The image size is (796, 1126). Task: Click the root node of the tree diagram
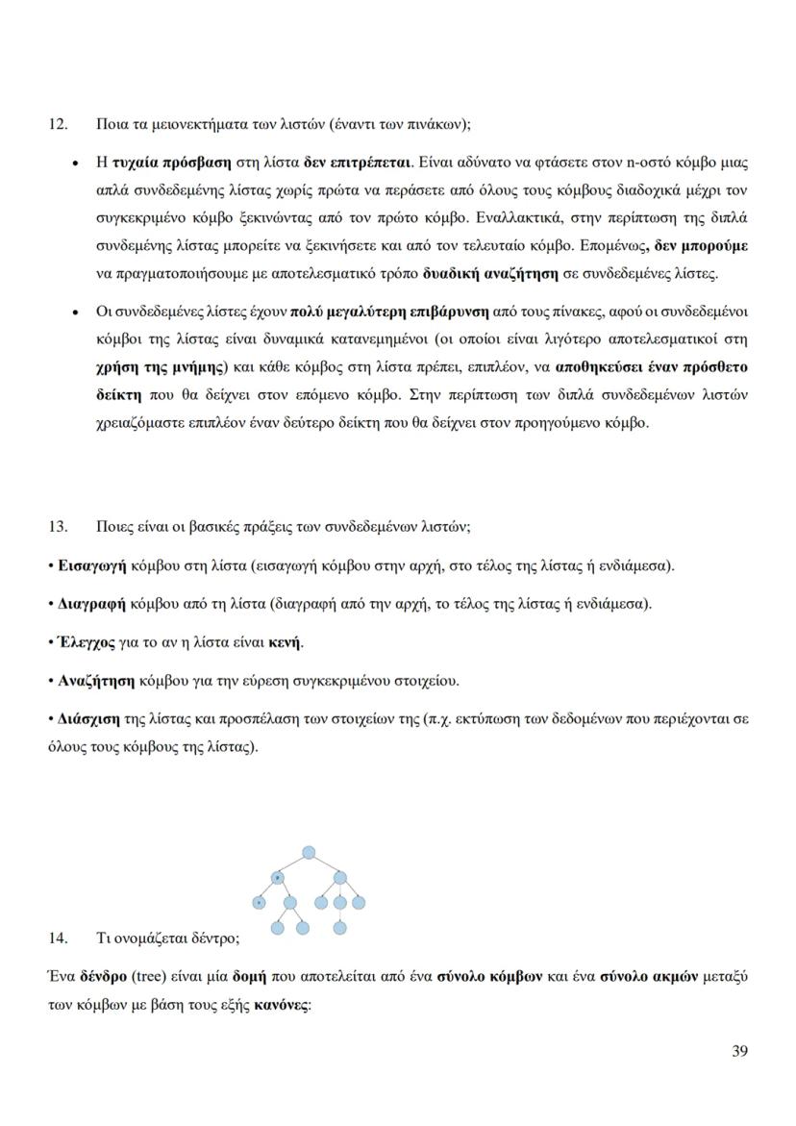(309, 852)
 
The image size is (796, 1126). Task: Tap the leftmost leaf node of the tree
(259, 903)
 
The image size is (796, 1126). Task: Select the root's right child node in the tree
(339, 877)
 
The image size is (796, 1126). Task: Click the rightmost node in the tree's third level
(360, 903)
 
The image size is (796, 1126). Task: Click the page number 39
(739, 1050)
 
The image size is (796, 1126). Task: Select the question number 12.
(57, 123)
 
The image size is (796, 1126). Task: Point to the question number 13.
(57, 526)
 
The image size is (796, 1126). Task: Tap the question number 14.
(57, 937)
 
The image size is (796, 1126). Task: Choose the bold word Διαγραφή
(89, 604)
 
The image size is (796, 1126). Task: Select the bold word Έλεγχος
(87, 642)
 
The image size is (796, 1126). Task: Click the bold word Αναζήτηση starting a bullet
(96, 681)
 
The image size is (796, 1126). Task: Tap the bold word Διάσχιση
(88, 718)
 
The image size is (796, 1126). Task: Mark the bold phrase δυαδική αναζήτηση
(490, 273)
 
